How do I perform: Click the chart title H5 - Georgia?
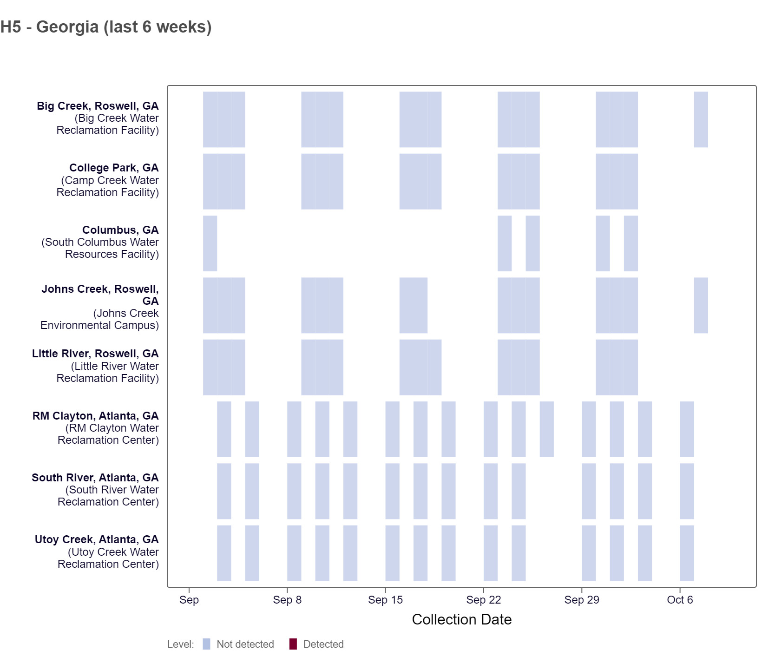click(106, 27)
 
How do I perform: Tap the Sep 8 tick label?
click(287, 600)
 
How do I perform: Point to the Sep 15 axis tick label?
click(385, 600)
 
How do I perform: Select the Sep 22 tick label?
click(483, 600)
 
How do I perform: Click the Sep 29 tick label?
click(582, 600)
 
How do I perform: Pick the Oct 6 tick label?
click(680, 600)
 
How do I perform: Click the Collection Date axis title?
click(461, 619)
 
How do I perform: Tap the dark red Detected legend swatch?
click(293, 644)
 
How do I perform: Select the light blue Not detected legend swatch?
click(207, 644)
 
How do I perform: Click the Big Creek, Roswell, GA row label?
click(98, 106)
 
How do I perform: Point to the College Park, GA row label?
click(114, 168)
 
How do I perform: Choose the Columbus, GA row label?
click(120, 230)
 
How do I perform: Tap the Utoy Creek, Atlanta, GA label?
click(97, 539)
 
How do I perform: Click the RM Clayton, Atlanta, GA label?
click(95, 416)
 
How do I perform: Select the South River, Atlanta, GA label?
click(95, 478)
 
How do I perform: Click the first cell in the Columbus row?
click(210, 243)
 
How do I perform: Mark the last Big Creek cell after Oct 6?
click(701, 119)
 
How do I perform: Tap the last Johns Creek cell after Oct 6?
click(701, 305)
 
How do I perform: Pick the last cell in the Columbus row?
click(631, 243)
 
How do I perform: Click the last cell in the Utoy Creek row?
click(687, 553)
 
